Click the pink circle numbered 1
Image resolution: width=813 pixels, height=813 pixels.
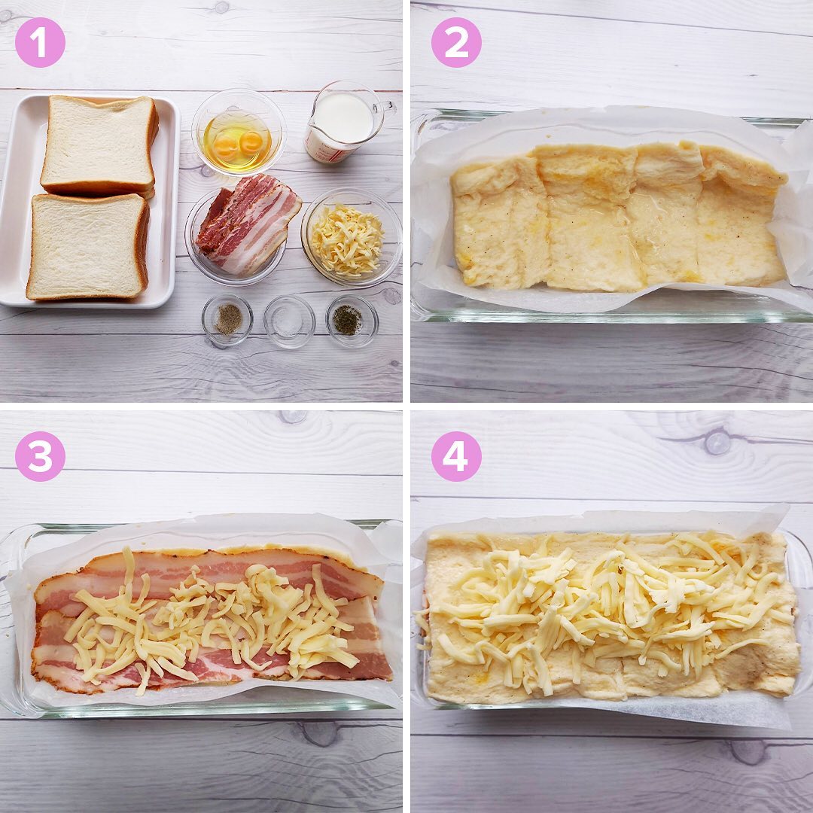point(40,42)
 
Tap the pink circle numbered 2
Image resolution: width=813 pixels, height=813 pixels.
point(456,42)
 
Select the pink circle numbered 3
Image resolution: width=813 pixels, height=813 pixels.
point(40,456)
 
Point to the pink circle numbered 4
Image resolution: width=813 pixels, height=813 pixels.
point(456,456)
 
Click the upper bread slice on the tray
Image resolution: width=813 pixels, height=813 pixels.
point(99,146)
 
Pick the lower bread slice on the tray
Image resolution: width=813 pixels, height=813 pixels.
point(88,247)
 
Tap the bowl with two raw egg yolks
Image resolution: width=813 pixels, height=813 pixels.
point(239,132)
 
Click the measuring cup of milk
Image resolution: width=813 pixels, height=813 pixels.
point(344,123)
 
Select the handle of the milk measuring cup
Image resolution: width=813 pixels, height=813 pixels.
point(385,109)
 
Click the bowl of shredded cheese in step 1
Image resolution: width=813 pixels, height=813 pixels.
point(352,237)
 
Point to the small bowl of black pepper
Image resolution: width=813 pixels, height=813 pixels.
point(227,320)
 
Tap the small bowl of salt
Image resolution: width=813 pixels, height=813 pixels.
point(289,321)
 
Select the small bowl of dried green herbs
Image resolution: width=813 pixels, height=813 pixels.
point(352,321)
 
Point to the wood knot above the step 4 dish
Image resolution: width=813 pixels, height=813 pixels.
point(717,442)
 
